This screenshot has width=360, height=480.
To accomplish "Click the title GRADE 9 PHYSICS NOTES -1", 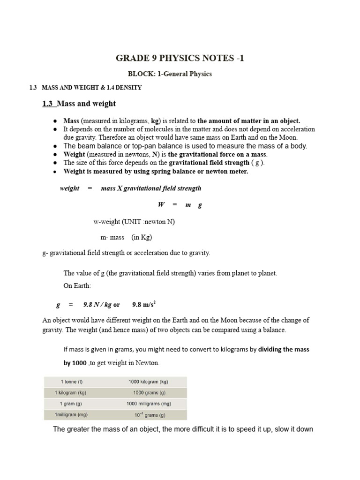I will click(x=180, y=58).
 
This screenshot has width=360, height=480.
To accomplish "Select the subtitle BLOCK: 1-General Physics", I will click(x=170, y=74).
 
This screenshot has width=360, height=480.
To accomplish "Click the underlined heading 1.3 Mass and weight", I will click(x=79, y=104).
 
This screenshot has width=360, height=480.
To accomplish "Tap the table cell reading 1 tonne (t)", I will click(x=71, y=382).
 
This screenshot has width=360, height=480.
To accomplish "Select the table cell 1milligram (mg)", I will click(x=71, y=415).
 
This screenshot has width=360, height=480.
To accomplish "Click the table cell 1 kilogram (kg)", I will click(x=71, y=393).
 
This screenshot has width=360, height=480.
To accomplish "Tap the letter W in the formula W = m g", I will click(x=161, y=205).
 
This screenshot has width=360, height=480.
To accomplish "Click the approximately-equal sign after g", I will click(x=71, y=304).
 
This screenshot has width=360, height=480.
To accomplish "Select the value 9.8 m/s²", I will click(x=144, y=304).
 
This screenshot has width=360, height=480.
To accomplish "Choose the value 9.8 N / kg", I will click(x=97, y=304).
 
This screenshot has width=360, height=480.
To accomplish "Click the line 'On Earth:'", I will click(x=77, y=285).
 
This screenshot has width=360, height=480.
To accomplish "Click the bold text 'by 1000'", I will click(x=75, y=363).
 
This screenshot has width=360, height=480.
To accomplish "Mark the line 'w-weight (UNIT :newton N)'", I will click(x=134, y=222).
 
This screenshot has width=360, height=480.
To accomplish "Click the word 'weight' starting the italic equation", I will click(x=69, y=188).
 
